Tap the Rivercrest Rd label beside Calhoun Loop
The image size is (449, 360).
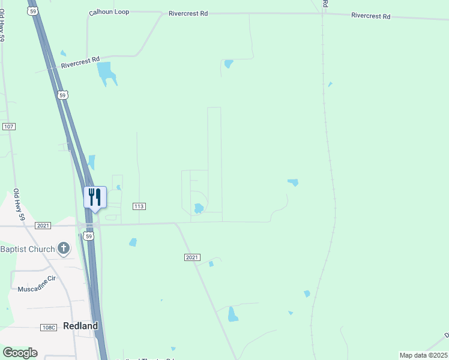point(188,13)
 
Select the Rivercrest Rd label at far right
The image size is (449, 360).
point(371,16)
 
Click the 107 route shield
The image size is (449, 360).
point(8,127)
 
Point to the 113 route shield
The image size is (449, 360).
point(139,206)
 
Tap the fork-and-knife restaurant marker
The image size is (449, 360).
point(95,197)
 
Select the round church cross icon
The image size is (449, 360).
point(64,248)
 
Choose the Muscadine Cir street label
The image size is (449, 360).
point(36,279)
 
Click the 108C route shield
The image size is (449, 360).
point(49,327)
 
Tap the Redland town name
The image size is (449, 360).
point(80,326)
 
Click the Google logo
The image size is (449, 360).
point(20,353)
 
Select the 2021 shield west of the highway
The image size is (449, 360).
point(43,226)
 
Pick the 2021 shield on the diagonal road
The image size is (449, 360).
point(191,257)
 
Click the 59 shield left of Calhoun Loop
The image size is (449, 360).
point(33,11)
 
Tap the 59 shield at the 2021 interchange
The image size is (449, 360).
point(89,237)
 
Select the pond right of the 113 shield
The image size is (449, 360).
point(198,208)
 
